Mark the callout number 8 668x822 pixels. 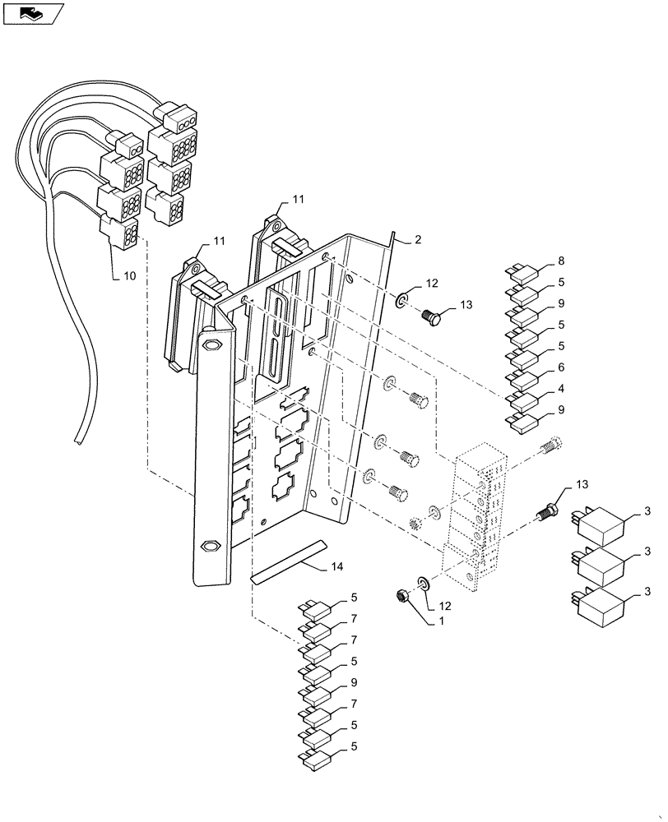click(561, 261)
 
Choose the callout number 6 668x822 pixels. click(561, 367)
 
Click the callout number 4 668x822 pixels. click(561, 389)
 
